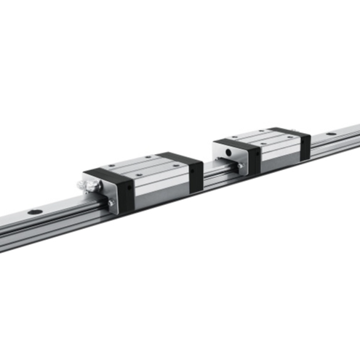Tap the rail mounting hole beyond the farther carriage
coord(331,134)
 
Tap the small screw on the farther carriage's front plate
coord(241,166)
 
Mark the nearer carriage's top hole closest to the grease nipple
coord(113,167)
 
